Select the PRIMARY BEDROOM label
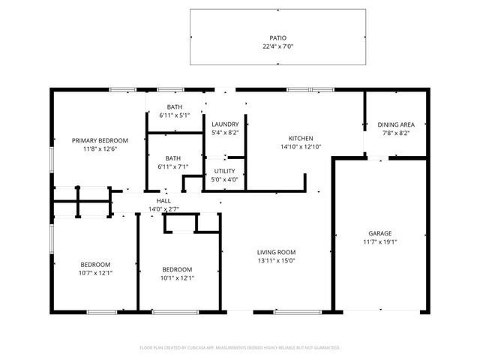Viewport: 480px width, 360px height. pos(100,140)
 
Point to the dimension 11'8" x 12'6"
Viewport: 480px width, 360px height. pos(100,149)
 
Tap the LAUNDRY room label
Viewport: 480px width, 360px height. pos(225,124)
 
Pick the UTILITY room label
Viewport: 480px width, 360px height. pos(225,171)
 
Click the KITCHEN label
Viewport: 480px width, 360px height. pos(301,138)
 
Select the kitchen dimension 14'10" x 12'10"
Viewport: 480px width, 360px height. pos(301,147)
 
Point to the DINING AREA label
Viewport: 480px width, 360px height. pos(395,124)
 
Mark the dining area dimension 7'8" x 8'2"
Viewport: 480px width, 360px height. pos(395,133)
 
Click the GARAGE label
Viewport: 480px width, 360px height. pos(379,233)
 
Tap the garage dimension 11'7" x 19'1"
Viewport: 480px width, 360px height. pos(379,242)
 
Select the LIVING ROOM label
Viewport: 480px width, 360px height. pos(277,252)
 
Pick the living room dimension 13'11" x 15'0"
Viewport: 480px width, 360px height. pos(277,261)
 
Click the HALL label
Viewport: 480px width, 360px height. pos(163,201)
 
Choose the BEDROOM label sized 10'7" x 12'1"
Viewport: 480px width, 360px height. pos(96,264)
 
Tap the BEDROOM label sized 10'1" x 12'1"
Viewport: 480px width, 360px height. pos(178,269)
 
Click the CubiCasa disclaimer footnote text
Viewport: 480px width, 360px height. pos(240,348)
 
